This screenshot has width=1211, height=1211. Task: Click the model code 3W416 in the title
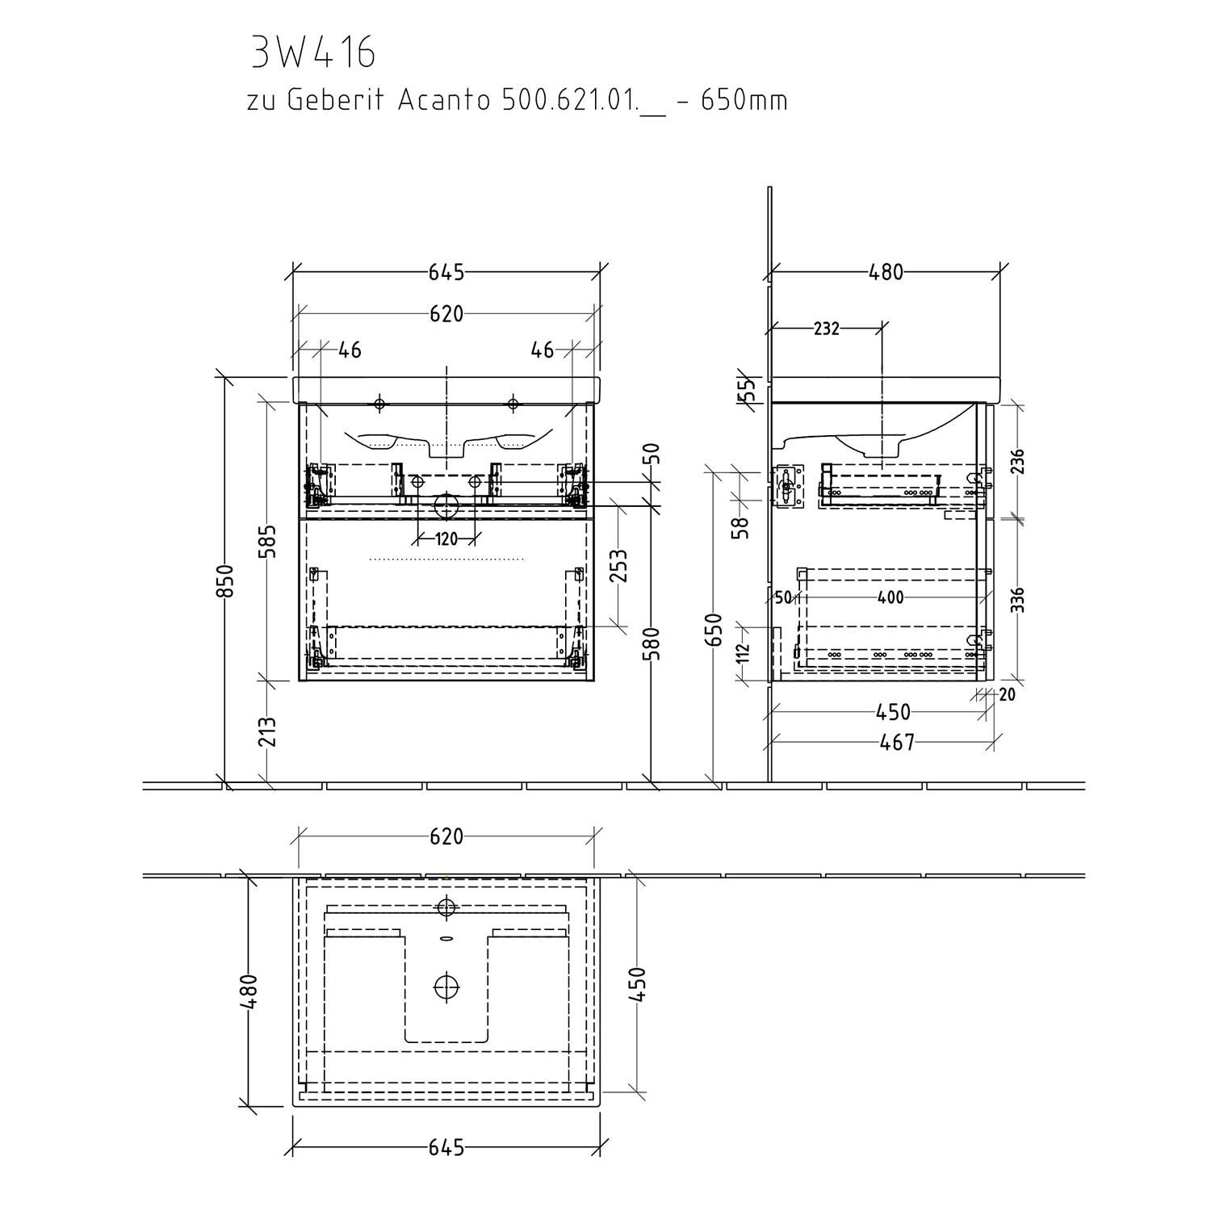pyautogui.click(x=314, y=53)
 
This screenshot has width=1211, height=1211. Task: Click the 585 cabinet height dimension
pyautogui.click(x=269, y=541)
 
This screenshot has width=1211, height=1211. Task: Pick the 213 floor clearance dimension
pyautogui.click(x=269, y=731)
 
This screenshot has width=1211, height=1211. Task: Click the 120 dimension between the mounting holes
pyautogui.click(x=446, y=538)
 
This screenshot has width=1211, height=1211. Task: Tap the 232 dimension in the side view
pyautogui.click(x=826, y=329)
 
